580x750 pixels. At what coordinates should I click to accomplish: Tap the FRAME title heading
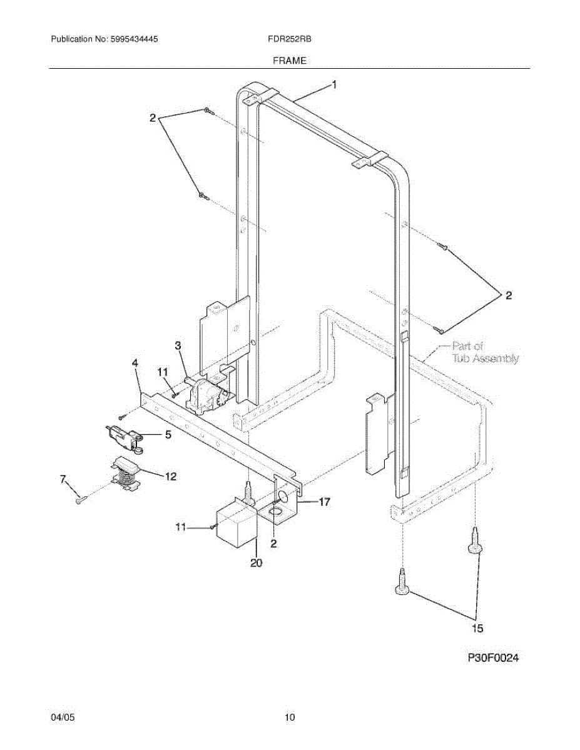289,61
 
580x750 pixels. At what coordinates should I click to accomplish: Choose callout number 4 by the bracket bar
135,362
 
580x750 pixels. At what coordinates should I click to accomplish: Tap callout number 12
170,476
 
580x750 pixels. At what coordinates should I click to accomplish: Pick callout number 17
324,501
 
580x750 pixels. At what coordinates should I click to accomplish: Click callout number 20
256,562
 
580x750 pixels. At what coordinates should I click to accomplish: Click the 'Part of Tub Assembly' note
485,352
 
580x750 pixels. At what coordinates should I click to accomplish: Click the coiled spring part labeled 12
125,472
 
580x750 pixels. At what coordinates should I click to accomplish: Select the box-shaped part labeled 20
236,526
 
